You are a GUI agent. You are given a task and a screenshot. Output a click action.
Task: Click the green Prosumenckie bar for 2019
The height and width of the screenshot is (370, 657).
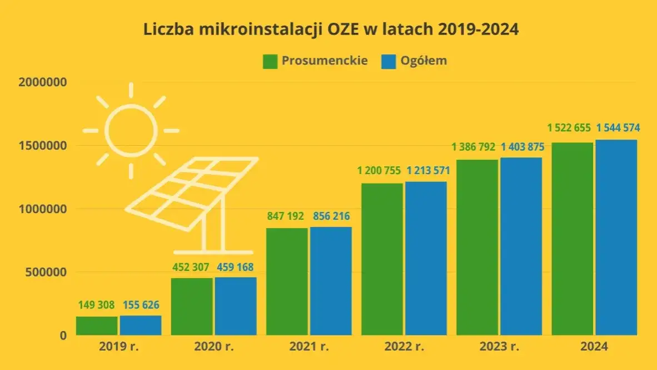[x=97, y=325]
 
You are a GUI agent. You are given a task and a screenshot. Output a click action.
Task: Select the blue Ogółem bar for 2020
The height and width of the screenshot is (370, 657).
[x=236, y=306]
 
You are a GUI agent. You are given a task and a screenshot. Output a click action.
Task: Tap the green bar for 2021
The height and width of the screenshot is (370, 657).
[x=287, y=282]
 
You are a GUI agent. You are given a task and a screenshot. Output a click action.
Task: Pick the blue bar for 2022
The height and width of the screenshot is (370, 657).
[x=426, y=258]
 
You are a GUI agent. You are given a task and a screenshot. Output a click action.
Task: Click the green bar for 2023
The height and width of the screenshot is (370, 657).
[x=477, y=248]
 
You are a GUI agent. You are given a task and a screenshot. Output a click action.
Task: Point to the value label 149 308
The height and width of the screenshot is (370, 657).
[x=96, y=305]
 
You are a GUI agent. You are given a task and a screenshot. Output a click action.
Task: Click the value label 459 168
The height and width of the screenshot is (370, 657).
[x=235, y=267]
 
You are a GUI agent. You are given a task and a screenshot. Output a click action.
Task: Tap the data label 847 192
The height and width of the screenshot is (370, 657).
[x=287, y=216]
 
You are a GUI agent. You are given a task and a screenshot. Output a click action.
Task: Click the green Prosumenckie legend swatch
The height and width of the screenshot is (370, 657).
[x=270, y=61]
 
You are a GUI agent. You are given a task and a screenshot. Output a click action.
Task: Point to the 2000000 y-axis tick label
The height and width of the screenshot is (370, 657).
[x=43, y=82]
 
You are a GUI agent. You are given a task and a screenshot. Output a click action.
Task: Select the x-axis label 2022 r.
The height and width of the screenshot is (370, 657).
[x=404, y=347]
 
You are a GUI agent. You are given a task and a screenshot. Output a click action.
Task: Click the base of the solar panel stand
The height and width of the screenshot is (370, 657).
[x=213, y=252]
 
